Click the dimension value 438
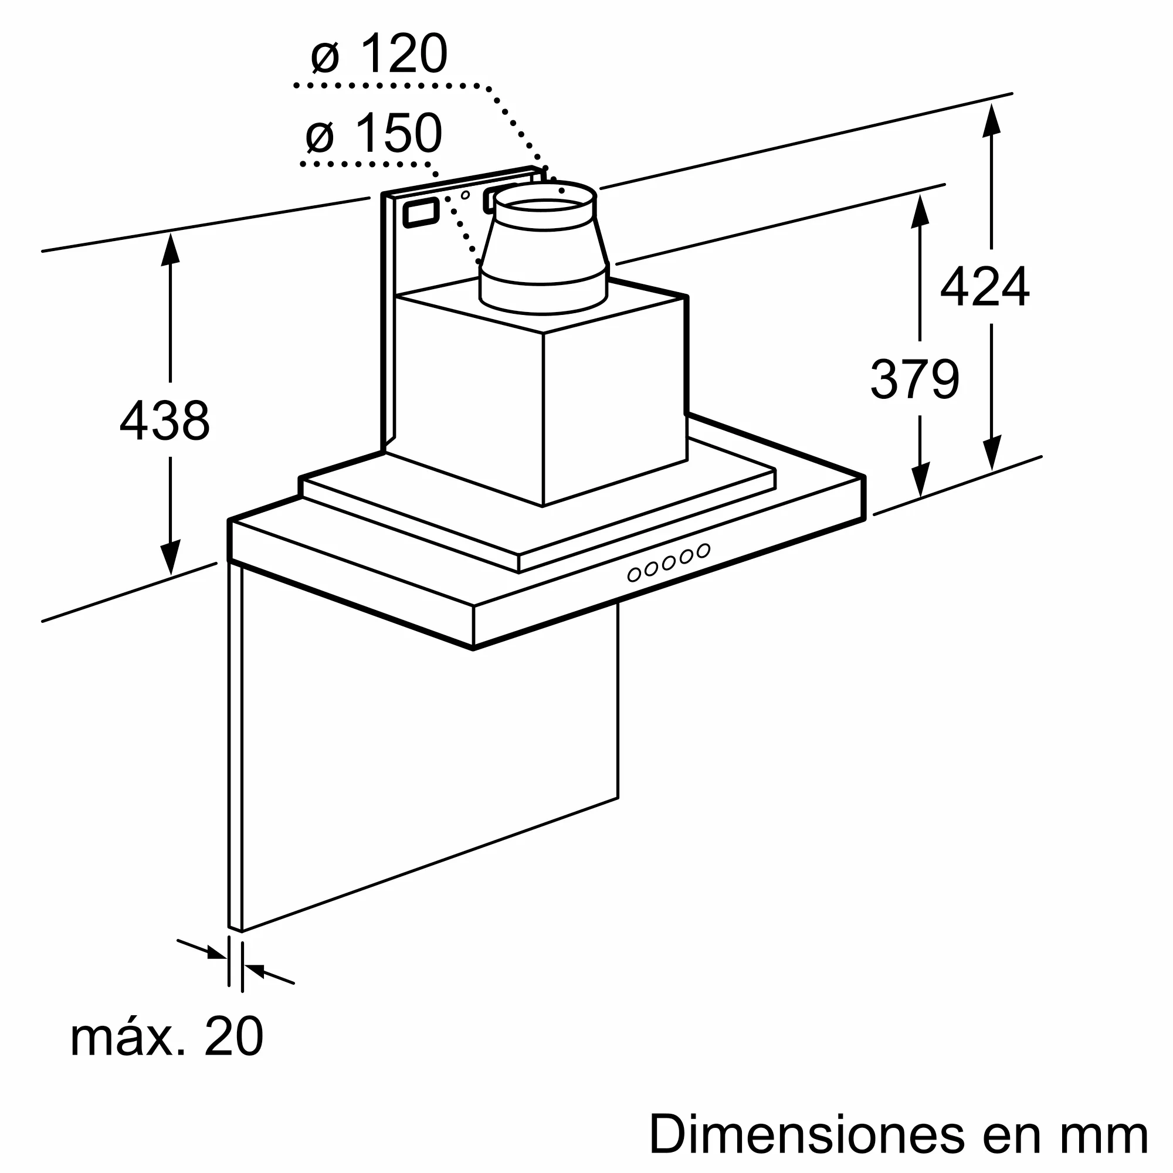pyautogui.click(x=165, y=420)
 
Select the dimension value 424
pyautogui.click(x=984, y=287)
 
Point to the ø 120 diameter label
pyautogui.click(x=379, y=54)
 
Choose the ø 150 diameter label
pyautogui.click(x=374, y=133)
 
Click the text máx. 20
pyautogui.click(x=167, y=1036)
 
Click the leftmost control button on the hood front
pyautogui.click(x=634, y=574)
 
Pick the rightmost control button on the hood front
pyautogui.click(x=704, y=551)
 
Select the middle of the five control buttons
pyautogui.click(x=669, y=563)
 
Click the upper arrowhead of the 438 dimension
pyautogui.click(x=170, y=249)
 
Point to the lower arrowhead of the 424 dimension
pyautogui.click(x=991, y=452)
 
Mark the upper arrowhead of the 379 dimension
pyautogui.click(x=920, y=211)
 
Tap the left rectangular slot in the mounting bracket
pyautogui.click(x=421, y=213)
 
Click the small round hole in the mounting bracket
pyautogui.click(x=465, y=195)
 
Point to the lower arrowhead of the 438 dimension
pyautogui.click(x=170, y=557)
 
